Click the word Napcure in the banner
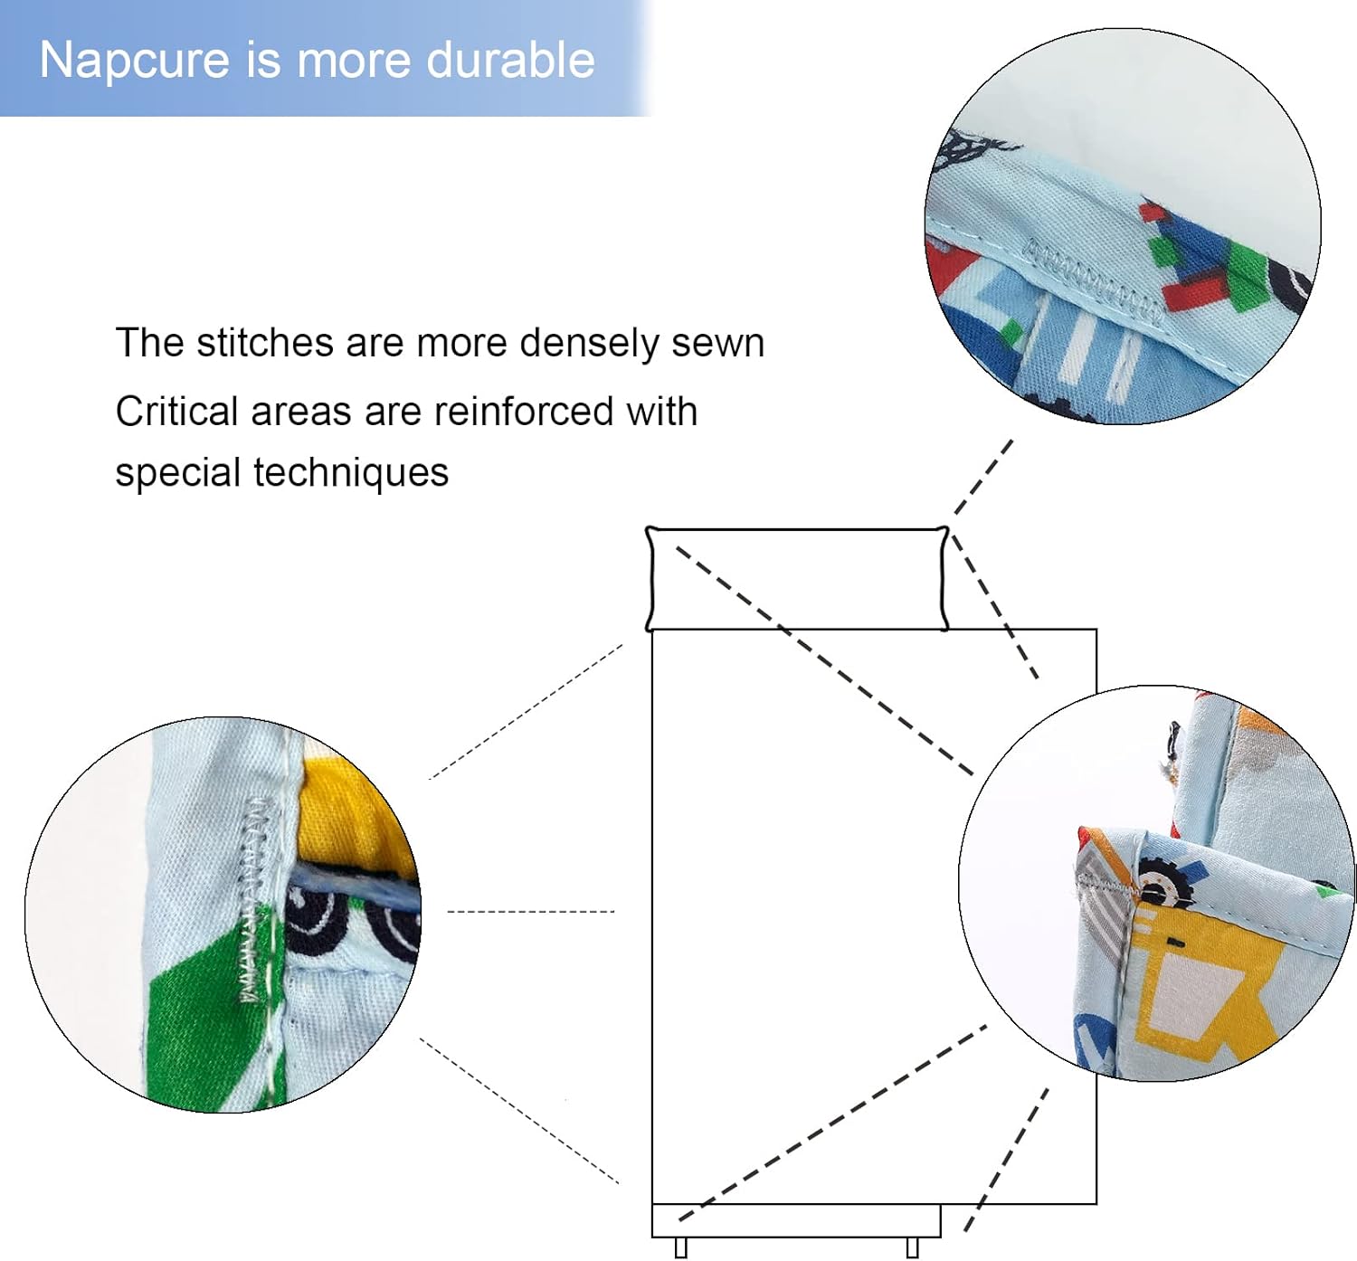point(134,61)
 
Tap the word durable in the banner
point(510,60)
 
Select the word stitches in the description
point(265,343)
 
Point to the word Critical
point(177,412)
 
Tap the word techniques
point(350,473)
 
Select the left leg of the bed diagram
point(680,1248)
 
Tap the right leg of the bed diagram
point(912,1248)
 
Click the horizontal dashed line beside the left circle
point(531,912)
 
